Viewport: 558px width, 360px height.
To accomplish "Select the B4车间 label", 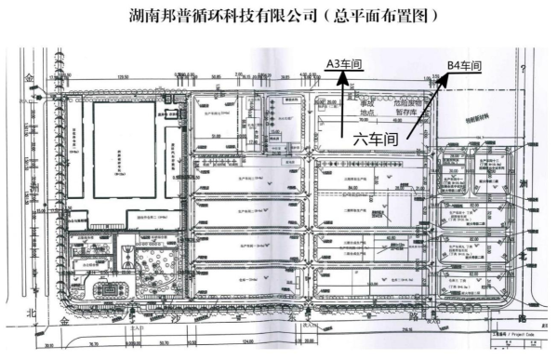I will (x=465, y=64).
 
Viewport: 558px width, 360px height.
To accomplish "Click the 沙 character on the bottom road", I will (x=176, y=317).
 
